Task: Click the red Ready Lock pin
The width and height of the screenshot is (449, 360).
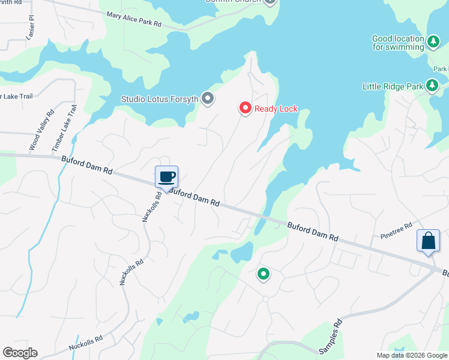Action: [245, 108]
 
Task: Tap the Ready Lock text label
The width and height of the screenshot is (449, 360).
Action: [276, 109]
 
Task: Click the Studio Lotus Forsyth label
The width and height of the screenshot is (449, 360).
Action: [160, 99]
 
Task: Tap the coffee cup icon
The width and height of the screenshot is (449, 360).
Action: [167, 177]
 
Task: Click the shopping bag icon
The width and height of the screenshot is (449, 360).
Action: [429, 241]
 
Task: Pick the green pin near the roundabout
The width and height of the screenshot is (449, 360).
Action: [263, 274]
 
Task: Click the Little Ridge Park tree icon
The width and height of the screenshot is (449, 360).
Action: [432, 86]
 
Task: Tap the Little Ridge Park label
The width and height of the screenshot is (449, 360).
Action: [393, 86]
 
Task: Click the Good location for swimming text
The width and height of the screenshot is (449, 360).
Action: [398, 43]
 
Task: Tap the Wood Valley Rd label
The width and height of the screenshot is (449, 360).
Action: [41, 130]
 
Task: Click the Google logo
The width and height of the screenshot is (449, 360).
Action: [20, 353]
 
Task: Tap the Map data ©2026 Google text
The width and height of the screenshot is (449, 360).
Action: [411, 355]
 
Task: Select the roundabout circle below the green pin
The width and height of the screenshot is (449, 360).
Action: [265, 299]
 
